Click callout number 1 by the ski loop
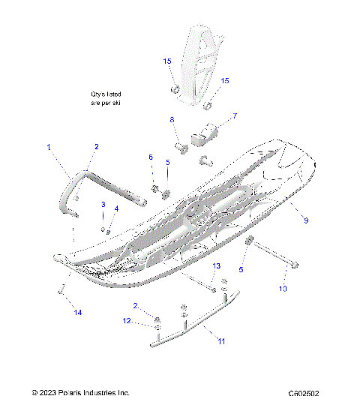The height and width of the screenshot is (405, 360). pos(49,148)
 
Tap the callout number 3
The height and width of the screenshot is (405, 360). pos(103,205)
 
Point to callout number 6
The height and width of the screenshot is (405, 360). pos(150,157)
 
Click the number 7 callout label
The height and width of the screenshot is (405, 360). pos(235,116)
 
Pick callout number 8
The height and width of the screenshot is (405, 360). pos(172,120)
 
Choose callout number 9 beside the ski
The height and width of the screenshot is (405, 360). pos(305,220)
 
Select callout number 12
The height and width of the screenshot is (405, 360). pos(127,321)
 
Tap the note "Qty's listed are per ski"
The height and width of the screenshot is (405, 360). pos(106,97)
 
